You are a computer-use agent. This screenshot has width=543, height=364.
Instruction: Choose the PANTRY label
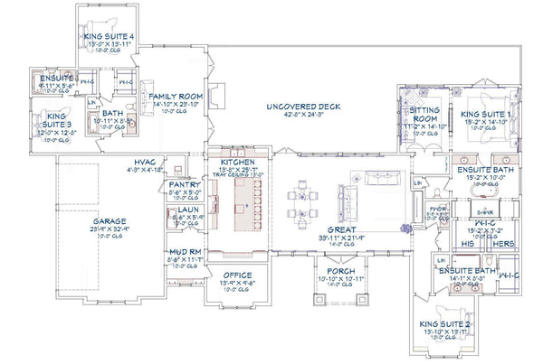(184, 183)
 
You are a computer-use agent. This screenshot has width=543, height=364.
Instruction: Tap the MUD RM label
(184, 253)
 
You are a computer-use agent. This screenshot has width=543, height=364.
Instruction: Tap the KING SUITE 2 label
(443, 323)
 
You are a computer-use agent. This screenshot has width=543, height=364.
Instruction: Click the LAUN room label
(183, 210)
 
